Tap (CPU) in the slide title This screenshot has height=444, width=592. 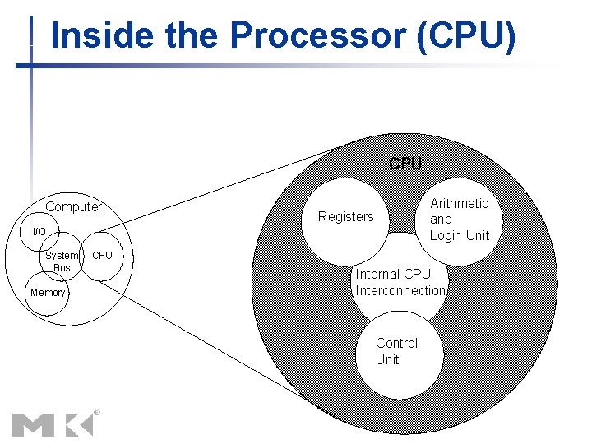(466, 36)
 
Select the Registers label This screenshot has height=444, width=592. (345, 216)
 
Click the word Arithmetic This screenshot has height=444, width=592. (459, 203)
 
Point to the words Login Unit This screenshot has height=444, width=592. (459, 235)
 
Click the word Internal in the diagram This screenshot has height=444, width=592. (377, 274)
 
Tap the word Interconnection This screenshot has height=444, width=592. (400, 290)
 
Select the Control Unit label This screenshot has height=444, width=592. (396, 351)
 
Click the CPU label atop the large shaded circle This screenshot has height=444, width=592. (405, 163)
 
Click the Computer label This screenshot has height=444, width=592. (73, 206)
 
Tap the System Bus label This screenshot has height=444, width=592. (62, 261)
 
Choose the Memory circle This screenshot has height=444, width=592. (47, 293)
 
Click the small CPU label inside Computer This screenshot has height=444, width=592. (102, 255)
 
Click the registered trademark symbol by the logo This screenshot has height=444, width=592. (97, 411)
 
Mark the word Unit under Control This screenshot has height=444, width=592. (387, 359)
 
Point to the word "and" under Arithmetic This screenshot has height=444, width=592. (441, 219)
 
